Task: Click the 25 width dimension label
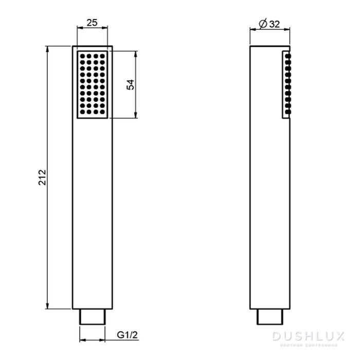coord(93,23)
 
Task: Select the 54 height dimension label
coord(131,85)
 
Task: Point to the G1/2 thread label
coord(127,335)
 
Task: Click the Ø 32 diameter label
coord(268,24)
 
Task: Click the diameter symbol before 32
coord(262,24)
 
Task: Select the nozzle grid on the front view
coord(93,85)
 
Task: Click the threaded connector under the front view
coord(93,316)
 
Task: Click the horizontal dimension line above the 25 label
coord(93,29)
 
